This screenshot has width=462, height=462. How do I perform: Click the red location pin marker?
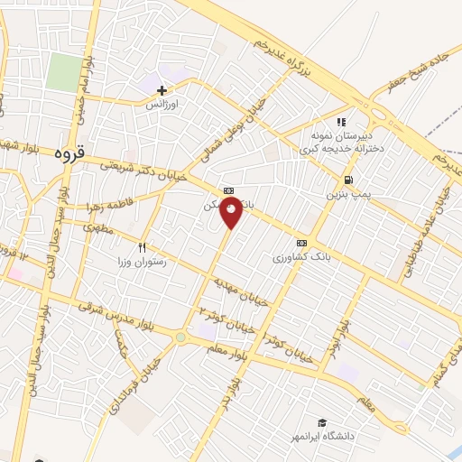point(232,214)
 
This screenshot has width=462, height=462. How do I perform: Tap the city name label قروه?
point(69,152)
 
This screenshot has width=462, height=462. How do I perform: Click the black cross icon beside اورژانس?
point(162,90)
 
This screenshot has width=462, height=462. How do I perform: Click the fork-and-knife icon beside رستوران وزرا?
point(142,247)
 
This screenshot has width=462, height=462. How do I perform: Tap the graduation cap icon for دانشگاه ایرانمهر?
point(322,422)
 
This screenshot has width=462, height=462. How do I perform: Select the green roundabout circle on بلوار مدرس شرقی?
point(180,337)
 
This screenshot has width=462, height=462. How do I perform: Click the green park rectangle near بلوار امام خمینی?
point(64,72)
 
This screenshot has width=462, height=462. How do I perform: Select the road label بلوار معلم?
point(213,338)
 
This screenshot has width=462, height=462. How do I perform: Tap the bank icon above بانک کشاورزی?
point(301,243)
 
